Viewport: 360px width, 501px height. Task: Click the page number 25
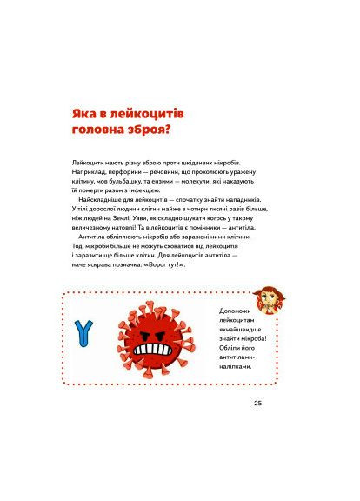pyautogui.click(x=257, y=403)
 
